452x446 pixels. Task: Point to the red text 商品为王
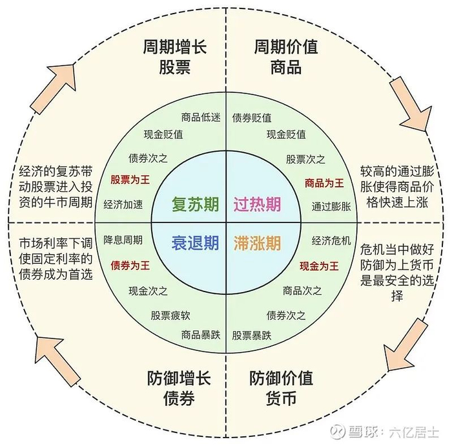pos(324,183)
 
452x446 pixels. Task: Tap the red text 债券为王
pos(130,265)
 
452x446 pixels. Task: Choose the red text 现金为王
pos(319,266)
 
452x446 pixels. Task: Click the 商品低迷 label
pos(201,117)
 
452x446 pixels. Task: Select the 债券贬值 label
pos(251,117)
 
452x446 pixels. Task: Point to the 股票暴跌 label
pos(252,335)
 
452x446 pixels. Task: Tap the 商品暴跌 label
pos(201,335)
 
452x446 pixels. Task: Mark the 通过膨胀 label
pos(331,207)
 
